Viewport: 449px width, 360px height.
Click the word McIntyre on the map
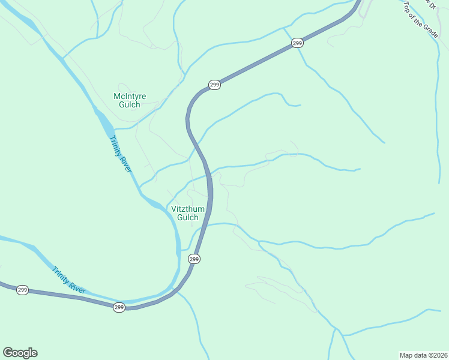[130, 96]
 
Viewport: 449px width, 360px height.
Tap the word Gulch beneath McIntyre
[130, 104]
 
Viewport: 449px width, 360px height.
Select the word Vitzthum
[188, 209]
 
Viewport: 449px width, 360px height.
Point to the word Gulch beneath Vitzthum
[188, 217]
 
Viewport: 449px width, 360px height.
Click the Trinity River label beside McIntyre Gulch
[120, 154]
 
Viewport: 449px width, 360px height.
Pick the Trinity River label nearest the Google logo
[68, 280]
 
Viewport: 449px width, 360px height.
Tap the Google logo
[20, 353]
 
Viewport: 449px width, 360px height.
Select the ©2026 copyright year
[438, 355]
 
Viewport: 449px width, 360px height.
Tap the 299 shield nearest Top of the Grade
[297, 43]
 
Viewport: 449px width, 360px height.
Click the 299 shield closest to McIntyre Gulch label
[214, 85]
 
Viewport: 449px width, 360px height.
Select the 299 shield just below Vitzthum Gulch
[194, 259]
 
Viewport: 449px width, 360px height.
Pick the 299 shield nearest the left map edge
[22, 290]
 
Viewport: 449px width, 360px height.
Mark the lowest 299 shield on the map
[119, 307]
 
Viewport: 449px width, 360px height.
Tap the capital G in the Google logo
[8, 353]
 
